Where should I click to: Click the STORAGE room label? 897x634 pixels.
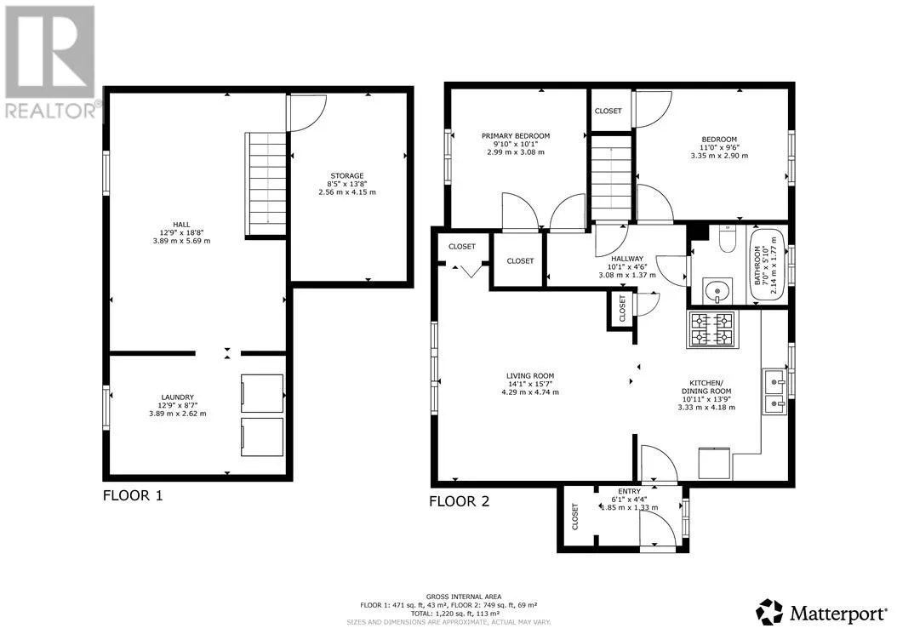(346, 175)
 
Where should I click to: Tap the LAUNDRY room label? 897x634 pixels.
(177, 397)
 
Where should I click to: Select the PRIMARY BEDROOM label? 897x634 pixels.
(516, 135)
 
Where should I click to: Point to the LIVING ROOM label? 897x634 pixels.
(529, 376)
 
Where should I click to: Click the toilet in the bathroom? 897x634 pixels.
(727, 239)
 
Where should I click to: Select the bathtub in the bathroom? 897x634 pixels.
(767, 265)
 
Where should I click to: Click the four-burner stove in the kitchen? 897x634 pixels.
(712, 329)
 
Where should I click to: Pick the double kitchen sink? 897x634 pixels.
(774, 391)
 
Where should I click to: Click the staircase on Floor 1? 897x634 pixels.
(266, 184)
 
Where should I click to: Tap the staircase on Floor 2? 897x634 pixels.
(612, 177)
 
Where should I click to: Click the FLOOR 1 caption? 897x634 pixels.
(133, 495)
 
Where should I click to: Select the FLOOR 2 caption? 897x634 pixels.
(460, 502)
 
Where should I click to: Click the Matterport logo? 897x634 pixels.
(821, 613)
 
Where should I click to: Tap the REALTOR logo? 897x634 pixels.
(50, 62)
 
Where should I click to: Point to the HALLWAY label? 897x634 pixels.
(627, 259)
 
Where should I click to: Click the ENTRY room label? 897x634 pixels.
(629, 492)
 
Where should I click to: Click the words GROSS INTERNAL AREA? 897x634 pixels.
(463, 597)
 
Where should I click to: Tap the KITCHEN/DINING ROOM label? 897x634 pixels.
(706, 387)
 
